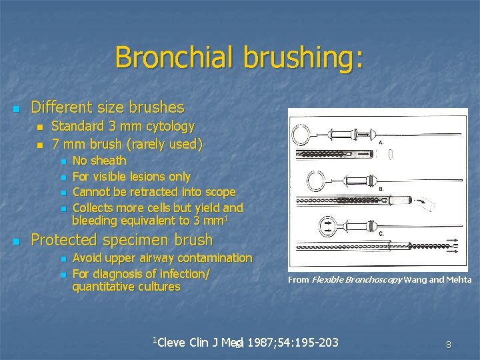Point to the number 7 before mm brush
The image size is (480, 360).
click(55, 143)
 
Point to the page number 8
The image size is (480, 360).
click(449, 345)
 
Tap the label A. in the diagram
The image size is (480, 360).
click(381, 142)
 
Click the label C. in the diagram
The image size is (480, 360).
click(381, 233)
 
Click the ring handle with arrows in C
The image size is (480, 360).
click(309, 224)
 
